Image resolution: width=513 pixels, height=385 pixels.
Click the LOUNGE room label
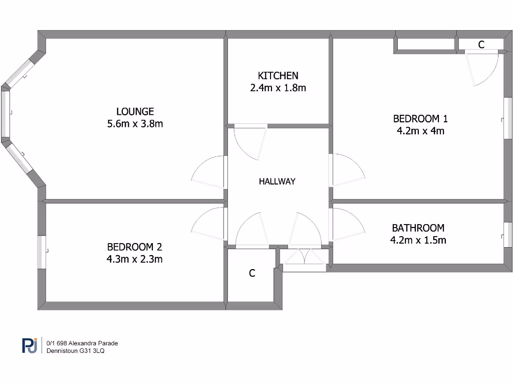[135, 111]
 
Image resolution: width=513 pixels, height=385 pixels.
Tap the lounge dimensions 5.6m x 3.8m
[135, 124]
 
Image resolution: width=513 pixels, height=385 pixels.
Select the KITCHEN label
[278, 76]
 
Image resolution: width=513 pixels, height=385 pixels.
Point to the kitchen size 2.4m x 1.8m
[278, 88]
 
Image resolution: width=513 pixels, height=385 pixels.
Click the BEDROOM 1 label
[420, 119]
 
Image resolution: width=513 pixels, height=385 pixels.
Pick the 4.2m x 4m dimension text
[420, 131]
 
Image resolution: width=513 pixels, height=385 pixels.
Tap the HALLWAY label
[277, 181]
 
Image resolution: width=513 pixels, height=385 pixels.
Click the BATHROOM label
[418, 228]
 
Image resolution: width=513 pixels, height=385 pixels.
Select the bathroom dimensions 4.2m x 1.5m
[418, 240]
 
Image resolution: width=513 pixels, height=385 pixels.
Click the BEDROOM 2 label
[135, 247]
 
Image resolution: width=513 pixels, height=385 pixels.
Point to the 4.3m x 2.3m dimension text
[135, 259]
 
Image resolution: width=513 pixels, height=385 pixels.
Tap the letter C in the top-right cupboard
[481, 45]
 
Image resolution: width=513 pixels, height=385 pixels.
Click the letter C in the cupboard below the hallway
[252, 273]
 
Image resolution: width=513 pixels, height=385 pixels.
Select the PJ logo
[30, 345]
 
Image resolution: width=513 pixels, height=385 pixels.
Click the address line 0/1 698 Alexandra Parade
[82, 343]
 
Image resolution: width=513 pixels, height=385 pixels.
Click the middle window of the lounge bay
[6, 114]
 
